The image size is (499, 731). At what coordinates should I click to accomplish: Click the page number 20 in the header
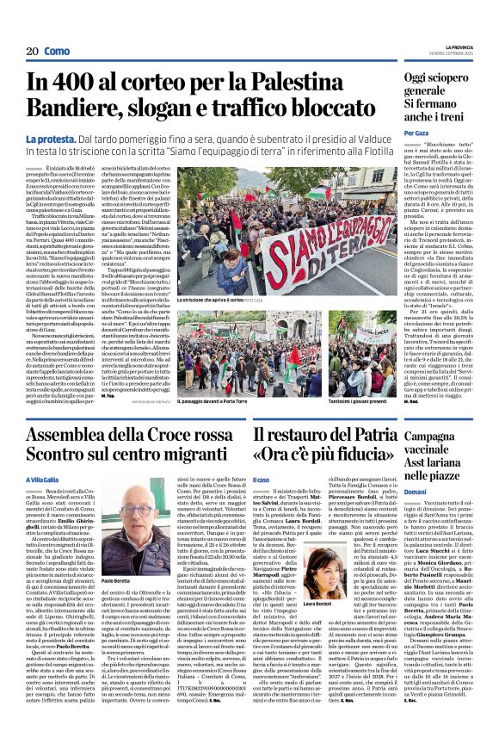pyautogui.click(x=31, y=52)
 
